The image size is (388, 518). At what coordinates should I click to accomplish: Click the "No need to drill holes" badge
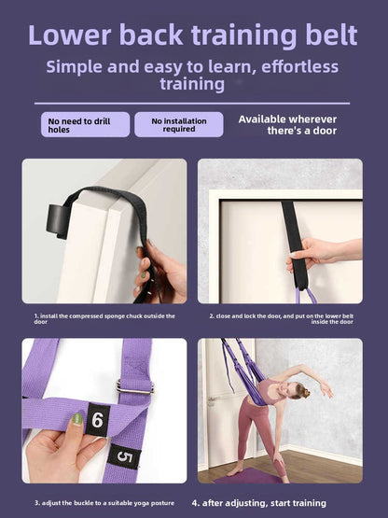[85, 124]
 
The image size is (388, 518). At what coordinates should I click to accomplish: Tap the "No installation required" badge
[178, 124]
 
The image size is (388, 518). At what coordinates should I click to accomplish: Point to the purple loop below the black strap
[305, 295]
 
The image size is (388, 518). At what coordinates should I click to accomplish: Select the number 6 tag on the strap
[96, 421]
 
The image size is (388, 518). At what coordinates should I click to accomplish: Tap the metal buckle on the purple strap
[134, 387]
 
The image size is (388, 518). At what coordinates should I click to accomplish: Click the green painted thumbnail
[77, 419]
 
